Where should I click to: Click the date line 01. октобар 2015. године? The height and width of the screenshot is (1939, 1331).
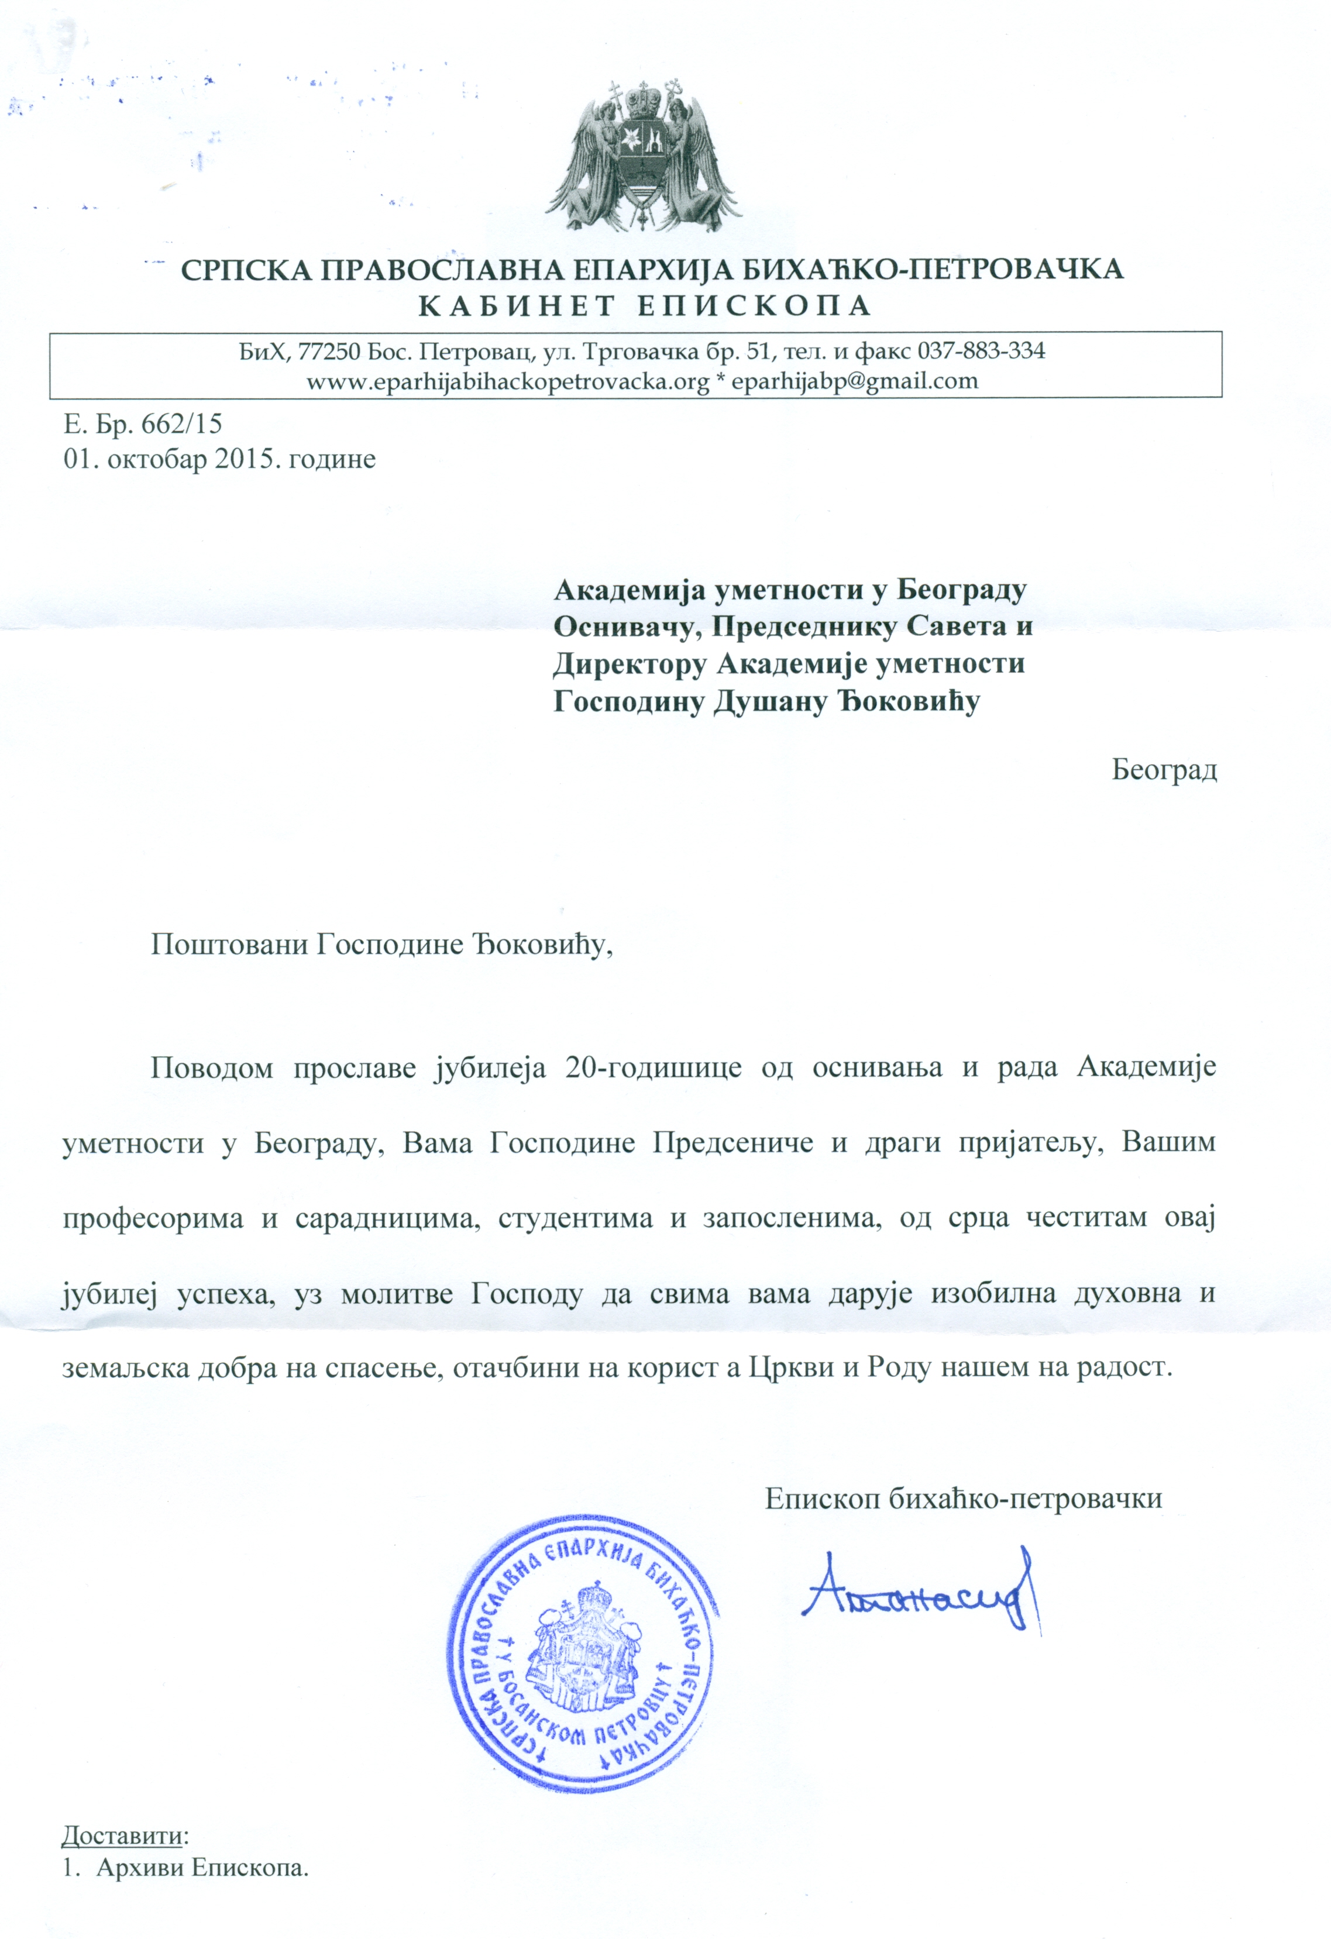click(x=219, y=459)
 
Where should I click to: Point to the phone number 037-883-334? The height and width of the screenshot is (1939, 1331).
click(x=981, y=350)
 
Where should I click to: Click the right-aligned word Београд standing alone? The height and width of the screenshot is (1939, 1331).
click(x=1164, y=769)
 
